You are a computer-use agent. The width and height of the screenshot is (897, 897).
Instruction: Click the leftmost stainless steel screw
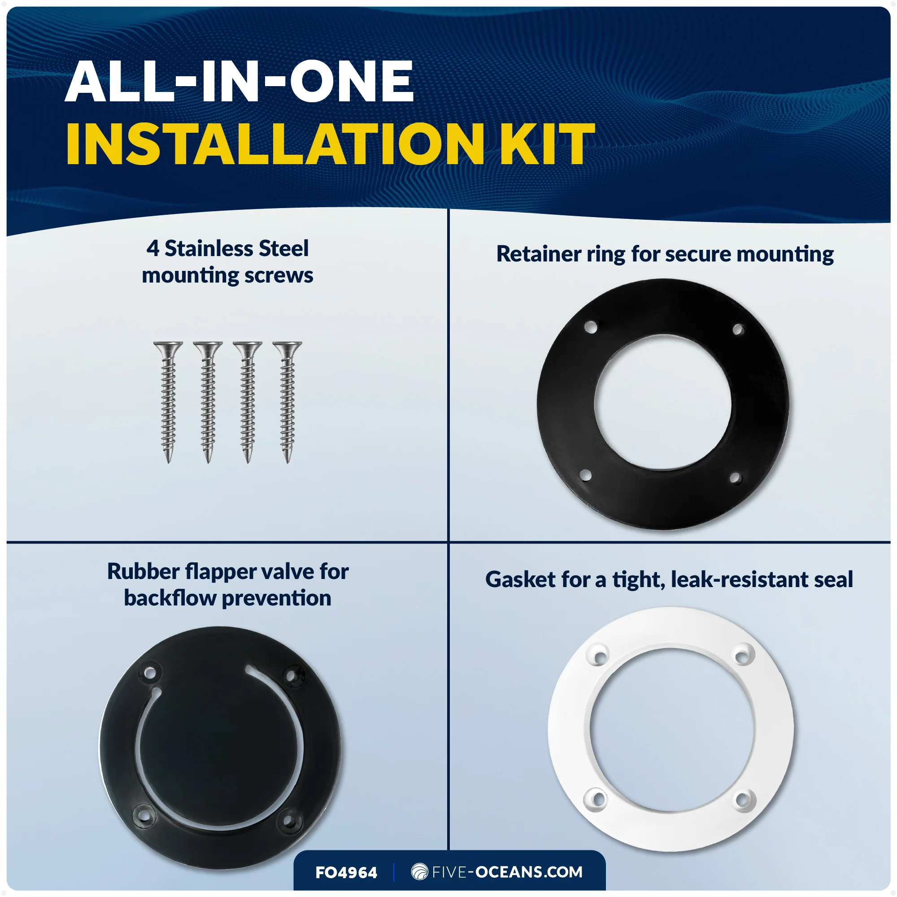pos(168,402)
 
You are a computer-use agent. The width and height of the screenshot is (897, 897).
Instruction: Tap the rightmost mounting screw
pos(287,402)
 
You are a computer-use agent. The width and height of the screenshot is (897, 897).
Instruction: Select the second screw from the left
pos(208,402)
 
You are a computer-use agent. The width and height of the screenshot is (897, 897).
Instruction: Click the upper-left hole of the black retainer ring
pos(591,327)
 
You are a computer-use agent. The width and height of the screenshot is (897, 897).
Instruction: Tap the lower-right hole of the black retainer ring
pos(735,478)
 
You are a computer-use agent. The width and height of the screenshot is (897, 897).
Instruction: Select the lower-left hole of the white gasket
pos(597,799)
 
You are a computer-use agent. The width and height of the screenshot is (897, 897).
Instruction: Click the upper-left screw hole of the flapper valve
pos(150,673)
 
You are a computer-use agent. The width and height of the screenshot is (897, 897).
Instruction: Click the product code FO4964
pos(346,873)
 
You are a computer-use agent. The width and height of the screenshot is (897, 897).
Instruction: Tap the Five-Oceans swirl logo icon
pos(420,872)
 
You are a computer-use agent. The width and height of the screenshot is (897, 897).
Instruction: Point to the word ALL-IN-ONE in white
pos(239,81)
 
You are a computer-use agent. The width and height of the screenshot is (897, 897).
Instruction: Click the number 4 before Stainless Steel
pos(153,249)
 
